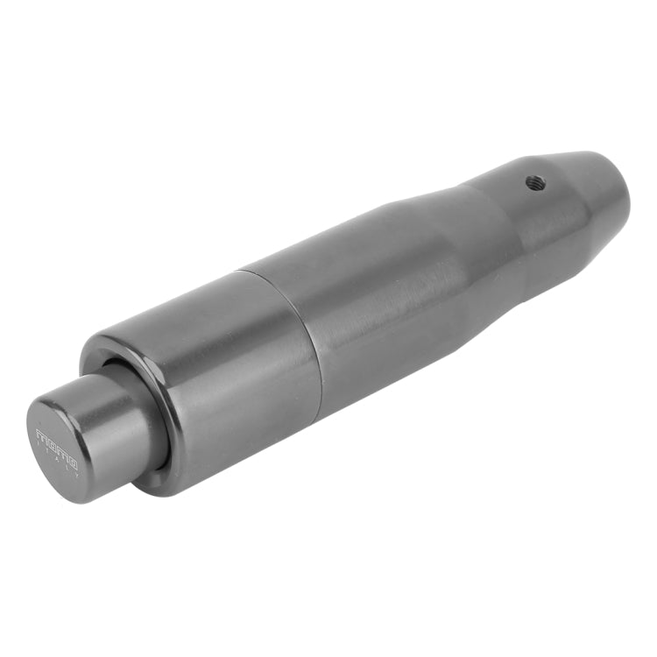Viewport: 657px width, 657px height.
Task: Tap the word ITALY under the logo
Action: point(57,462)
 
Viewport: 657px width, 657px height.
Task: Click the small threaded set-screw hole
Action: point(535,183)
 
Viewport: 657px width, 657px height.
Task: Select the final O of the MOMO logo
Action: point(72,463)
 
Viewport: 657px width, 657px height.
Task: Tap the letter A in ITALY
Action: point(57,462)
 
